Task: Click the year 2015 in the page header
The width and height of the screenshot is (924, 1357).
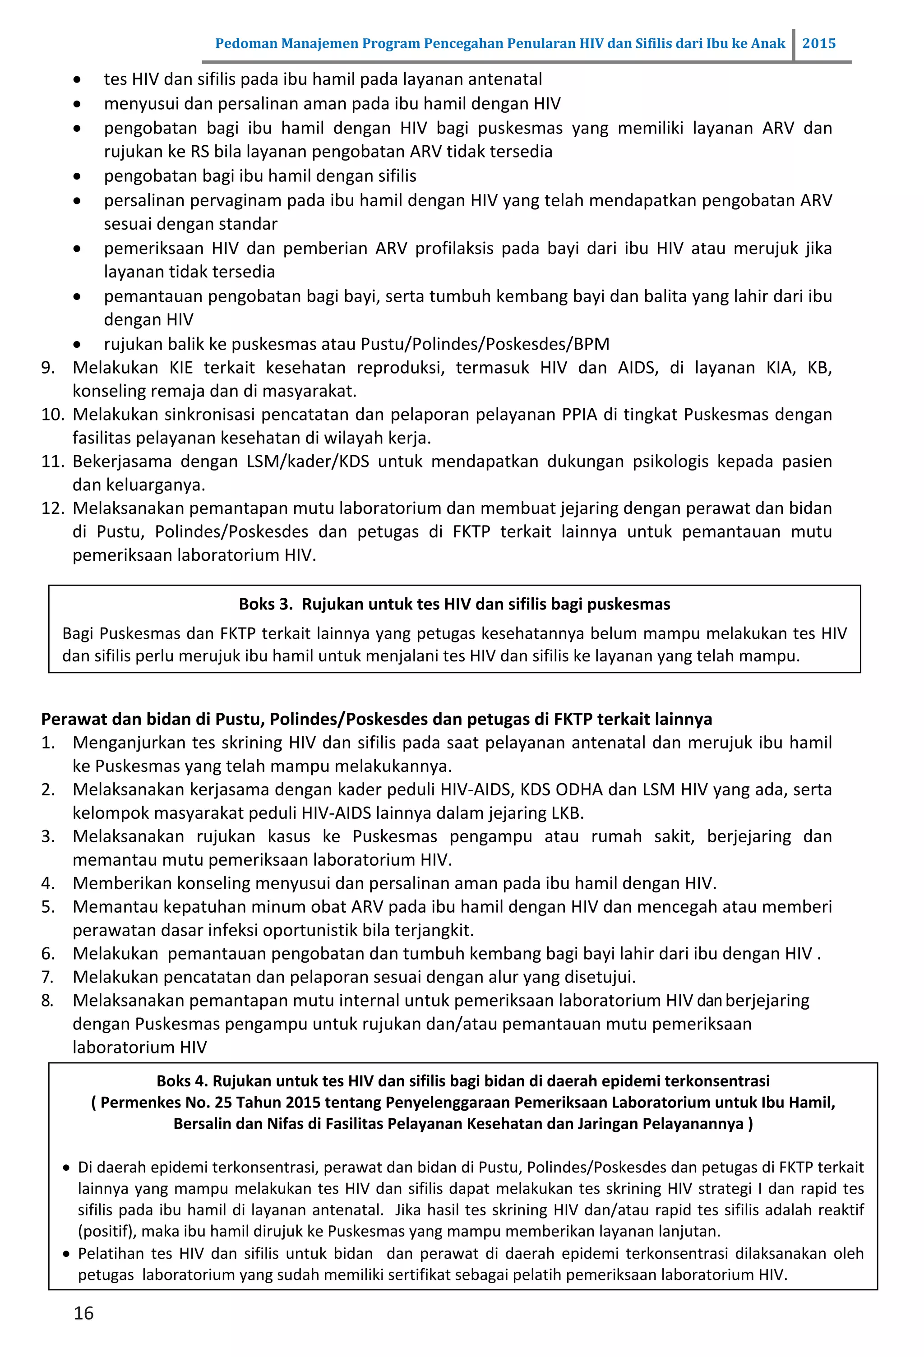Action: click(818, 43)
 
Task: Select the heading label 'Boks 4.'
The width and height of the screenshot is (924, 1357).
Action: click(182, 1081)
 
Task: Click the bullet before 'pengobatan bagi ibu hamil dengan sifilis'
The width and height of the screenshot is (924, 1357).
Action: click(77, 176)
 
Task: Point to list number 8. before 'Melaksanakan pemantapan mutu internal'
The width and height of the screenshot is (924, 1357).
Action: click(47, 1000)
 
